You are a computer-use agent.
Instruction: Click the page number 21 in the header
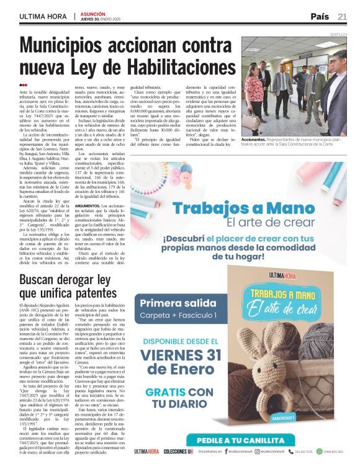(343, 16)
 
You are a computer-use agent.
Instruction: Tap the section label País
(320, 16)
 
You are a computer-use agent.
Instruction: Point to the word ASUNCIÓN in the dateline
(93, 12)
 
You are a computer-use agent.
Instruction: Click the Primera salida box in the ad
(179, 309)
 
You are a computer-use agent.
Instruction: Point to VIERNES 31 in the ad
(181, 355)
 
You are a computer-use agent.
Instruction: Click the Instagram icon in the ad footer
(257, 451)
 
